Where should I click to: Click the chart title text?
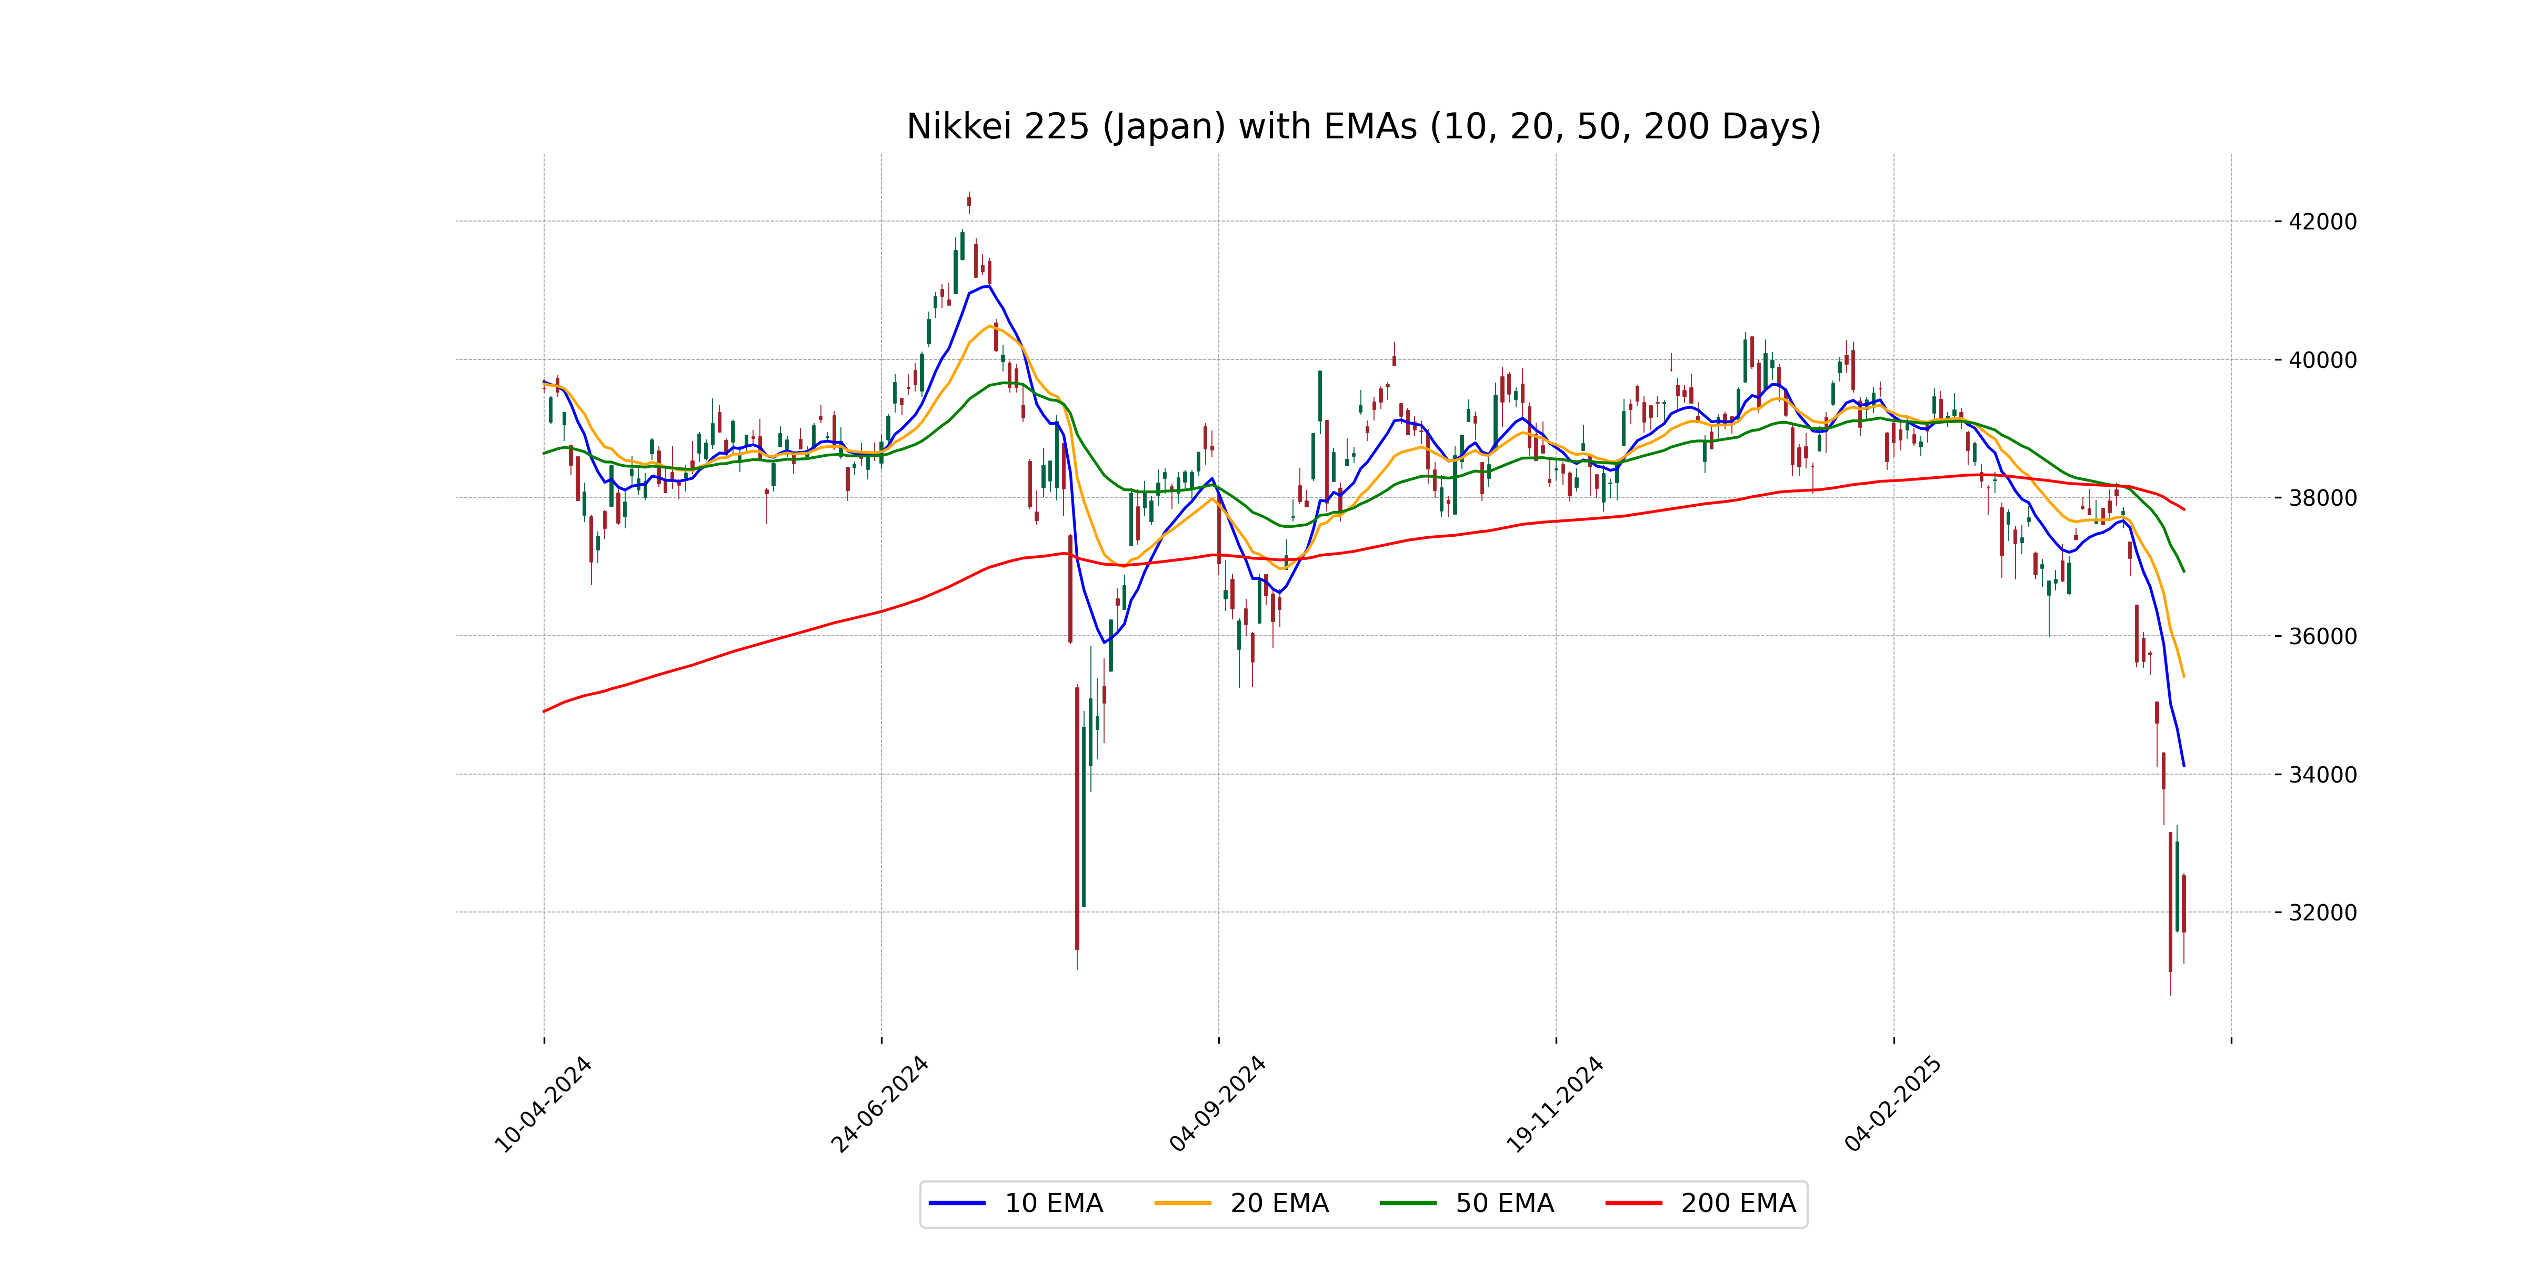pos(1363,126)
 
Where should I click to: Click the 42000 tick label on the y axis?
pos(2322,222)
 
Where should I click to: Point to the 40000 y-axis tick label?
pos(2322,360)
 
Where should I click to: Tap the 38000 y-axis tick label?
pos(2322,498)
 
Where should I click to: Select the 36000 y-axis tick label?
pos(2322,636)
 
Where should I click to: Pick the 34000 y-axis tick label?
pos(2322,775)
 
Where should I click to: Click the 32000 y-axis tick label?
pos(2322,913)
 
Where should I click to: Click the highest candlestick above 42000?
pos(969,202)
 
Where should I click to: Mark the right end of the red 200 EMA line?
pos(2184,510)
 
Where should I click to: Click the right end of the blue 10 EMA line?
pos(2184,766)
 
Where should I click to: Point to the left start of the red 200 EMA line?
pos(544,711)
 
